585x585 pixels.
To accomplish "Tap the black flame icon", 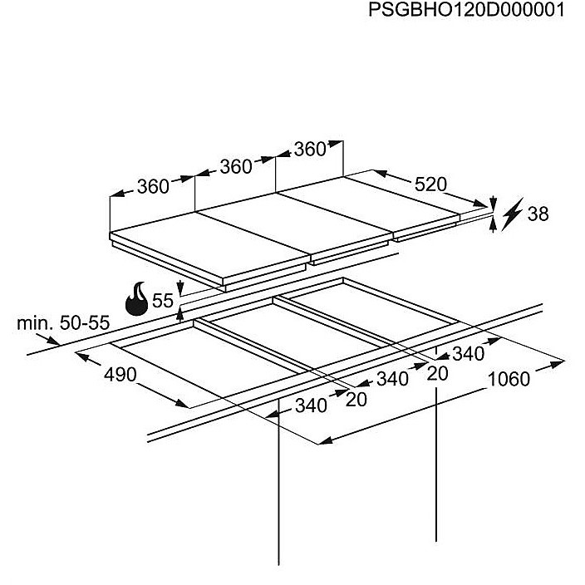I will click(137, 299).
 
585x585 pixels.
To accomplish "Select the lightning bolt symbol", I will click(512, 213).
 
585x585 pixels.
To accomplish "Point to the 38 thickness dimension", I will click(538, 214).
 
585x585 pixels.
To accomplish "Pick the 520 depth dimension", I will click(430, 184).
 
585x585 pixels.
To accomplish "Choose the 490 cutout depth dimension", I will click(120, 375).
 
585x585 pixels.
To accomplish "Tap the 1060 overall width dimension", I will click(508, 379).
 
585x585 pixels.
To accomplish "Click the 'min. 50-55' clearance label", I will click(63, 323).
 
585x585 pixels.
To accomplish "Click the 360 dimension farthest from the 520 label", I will click(153, 187).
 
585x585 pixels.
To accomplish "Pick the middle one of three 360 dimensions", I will click(235, 167).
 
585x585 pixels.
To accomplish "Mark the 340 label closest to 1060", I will click(467, 354).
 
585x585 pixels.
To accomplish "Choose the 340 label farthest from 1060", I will click(311, 406).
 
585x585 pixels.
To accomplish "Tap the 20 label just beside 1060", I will click(437, 374).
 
